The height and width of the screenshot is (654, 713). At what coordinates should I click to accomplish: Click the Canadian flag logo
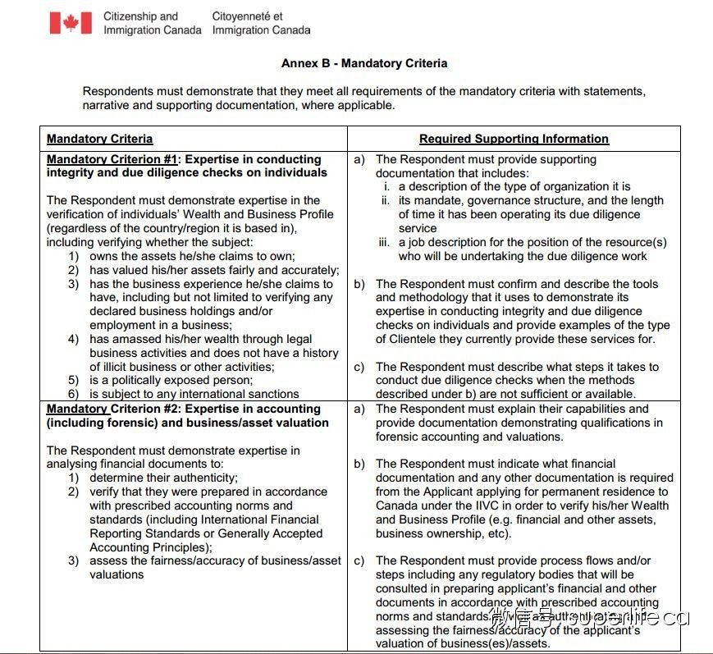tap(71, 22)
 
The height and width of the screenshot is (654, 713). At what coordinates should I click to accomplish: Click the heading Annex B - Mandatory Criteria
tap(363, 63)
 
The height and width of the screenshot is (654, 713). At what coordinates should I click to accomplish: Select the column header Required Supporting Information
tap(514, 139)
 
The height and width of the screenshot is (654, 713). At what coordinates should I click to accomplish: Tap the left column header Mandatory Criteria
tap(99, 139)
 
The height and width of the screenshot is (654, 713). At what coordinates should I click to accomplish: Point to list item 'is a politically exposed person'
tap(171, 381)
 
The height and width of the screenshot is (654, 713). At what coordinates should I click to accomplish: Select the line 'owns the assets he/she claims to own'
tap(192, 256)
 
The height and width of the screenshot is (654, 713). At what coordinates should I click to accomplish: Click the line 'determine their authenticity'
tap(163, 478)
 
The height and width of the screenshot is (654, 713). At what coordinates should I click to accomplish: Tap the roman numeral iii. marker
tap(385, 242)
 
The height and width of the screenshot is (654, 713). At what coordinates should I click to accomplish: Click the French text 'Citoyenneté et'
tap(247, 16)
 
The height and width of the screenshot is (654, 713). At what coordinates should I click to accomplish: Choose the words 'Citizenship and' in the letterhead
tap(140, 16)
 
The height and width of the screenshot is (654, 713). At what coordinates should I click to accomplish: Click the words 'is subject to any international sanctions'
tap(194, 395)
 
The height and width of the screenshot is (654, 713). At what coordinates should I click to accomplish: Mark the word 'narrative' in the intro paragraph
tap(107, 105)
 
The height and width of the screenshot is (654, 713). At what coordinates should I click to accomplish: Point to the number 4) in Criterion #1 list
tap(73, 339)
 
